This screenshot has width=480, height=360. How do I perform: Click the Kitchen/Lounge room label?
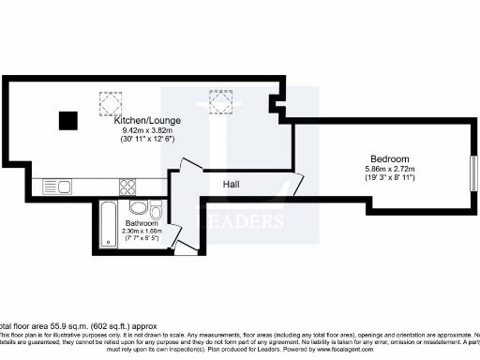click(147, 122)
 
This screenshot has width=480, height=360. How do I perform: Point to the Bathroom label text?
click(141, 222)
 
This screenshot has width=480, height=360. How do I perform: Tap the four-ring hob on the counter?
click(127, 187)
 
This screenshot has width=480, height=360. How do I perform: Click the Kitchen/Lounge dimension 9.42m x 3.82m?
click(147, 130)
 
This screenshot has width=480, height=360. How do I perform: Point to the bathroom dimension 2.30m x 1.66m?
click(141, 231)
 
